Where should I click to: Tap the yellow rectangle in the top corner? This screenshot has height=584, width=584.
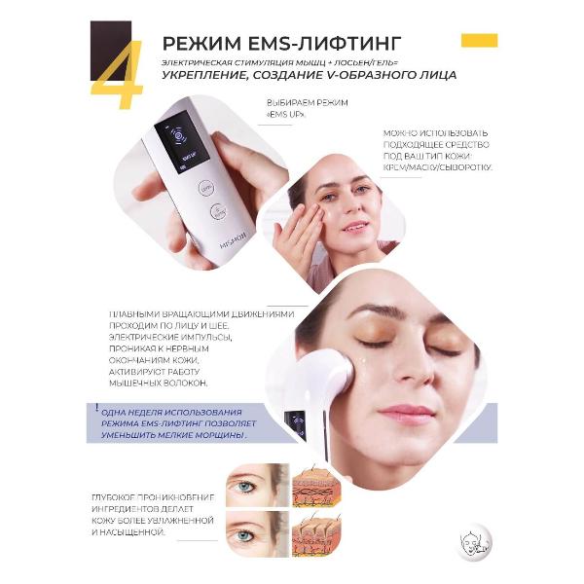[479, 40]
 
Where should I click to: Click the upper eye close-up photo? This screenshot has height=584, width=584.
[257, 485]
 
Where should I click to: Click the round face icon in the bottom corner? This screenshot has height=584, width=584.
[475, 539]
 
